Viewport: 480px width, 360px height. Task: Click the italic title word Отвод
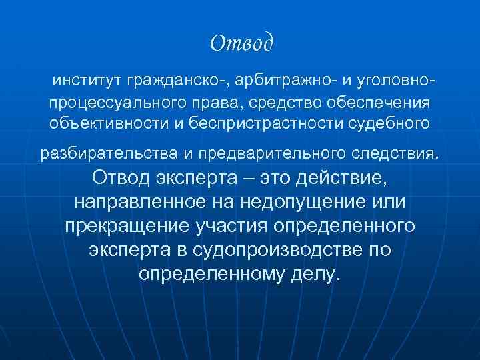241,43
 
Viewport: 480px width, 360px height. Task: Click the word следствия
400,155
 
